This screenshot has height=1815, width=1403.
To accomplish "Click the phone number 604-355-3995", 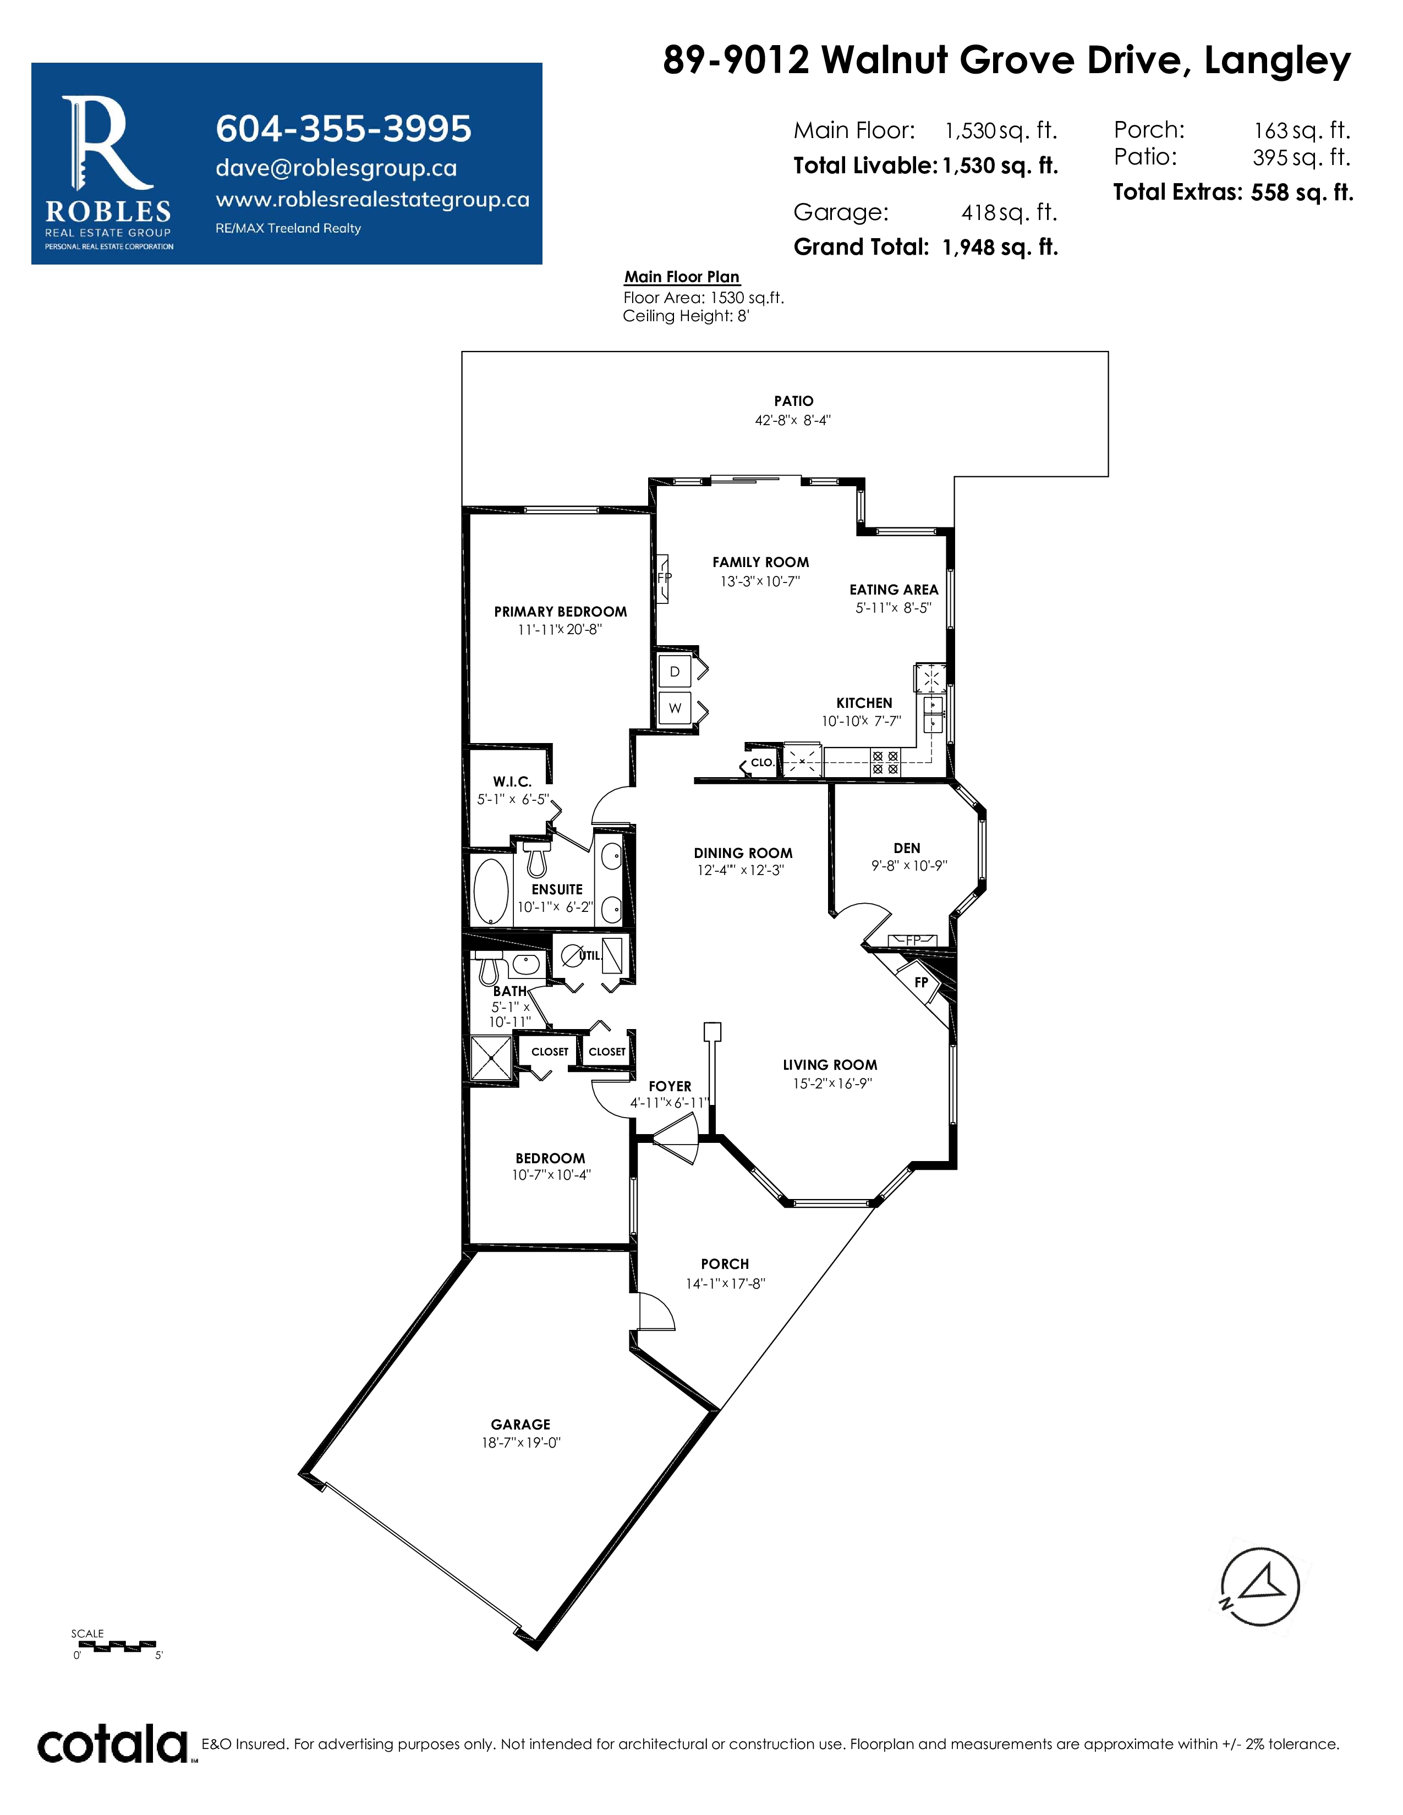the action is tap(343, 129).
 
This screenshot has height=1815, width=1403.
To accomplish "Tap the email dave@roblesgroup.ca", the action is tap(336, 168).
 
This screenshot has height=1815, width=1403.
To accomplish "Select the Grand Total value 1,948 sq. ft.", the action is tap(1000, 247).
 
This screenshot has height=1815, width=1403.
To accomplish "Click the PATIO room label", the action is tap(794, 400).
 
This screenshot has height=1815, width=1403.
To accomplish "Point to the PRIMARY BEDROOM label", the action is tap(560, 612).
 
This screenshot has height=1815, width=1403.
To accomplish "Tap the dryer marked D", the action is tap(675, 672).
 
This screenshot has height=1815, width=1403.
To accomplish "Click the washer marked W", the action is tap(675, 708).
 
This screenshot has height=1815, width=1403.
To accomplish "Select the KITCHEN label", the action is tap(864, 703).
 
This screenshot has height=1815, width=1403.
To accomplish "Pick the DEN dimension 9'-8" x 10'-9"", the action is tap(909, 866).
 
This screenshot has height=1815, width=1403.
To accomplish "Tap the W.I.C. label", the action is tap(512, 782).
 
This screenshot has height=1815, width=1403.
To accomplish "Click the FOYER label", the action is tap(670, 1086).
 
